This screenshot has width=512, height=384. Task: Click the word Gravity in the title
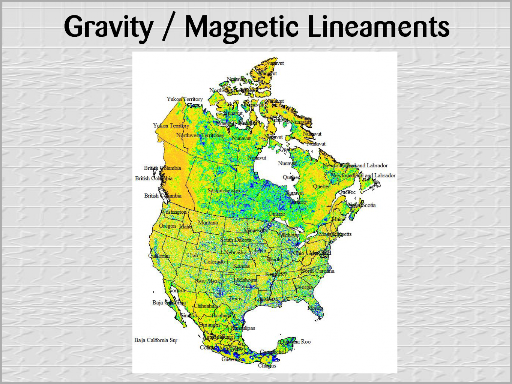pyautogui.click(x=109, y=27)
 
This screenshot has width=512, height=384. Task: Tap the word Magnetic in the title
pyautogui.click(x=242, y=27)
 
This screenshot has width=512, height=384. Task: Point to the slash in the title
pyautogui.click(x=169, y=27)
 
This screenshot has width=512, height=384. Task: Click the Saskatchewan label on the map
pyautogui.click(x=224, y=190)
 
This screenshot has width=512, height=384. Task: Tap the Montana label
pyautogui.click(x=208, y=222)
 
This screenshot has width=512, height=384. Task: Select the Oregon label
pyautogui.click(x=167, y=226)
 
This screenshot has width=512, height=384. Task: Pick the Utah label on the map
pyautogui.click(x=192, y=255)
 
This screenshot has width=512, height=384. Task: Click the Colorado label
pyautogui.click(x=214, y=261)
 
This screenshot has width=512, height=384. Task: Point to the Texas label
pyautogui.click(x=236, y=298)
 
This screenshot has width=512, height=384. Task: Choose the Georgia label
pyautogui.click(x=303, y=287)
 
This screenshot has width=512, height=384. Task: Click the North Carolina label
pyautogui.click(x=318, y=271)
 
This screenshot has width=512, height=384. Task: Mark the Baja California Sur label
pyautogui.click(x=156, y=340)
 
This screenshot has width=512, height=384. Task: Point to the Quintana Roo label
pyautogui.click(x=296, y=342)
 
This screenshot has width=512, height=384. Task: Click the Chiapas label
pyautogui.click(x=267, y=366)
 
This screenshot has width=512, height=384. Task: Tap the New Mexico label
pyautogui.click(x=209, y=281)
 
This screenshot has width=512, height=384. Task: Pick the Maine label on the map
pyautogui.click(x=339, y=219)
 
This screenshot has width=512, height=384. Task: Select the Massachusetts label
pyautogui.click(x=335, y=234)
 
